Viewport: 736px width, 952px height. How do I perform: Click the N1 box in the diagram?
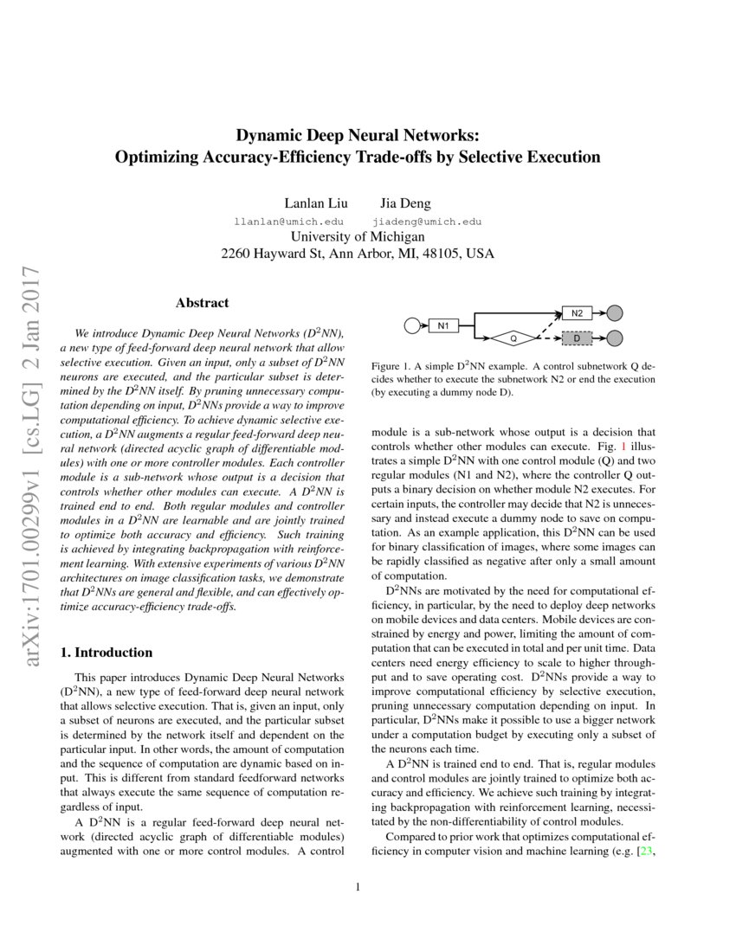[x=442, y=325]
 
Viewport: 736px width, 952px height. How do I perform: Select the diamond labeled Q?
[x=512, y=338]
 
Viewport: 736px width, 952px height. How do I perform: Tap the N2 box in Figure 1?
[x=578, y=312]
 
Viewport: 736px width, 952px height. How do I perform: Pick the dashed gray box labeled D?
[x=578, y=338]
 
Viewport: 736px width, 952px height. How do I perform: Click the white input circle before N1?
[x=412, y=325]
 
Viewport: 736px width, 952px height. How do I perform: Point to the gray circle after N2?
[x=615, y=313]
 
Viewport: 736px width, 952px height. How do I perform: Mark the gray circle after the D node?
[x=615, y=338]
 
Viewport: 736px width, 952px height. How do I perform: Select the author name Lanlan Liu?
[x=316, y=203]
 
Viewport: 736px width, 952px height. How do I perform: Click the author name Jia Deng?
[x=405, y=203]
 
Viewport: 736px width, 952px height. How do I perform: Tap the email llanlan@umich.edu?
[x=289, y=222]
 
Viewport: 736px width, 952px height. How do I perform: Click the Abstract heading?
[x=202, y=303]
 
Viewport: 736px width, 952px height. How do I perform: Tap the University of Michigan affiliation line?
[x=358, y=237]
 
